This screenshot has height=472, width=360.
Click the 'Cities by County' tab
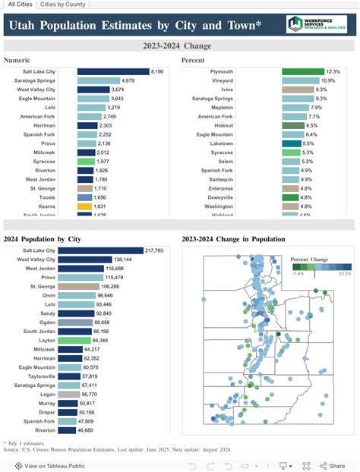click(63, 5)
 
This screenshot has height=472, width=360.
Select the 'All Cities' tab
click(20, 5)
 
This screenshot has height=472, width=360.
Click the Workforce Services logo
click(317, 25)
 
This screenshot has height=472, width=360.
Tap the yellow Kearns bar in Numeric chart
click(84, 206)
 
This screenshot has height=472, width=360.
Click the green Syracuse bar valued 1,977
click(86, 162)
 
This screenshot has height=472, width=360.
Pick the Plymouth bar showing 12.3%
click(303, 71)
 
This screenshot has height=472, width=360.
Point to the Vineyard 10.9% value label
click(328, 80)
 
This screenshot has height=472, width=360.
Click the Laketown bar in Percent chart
click(292, 143)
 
